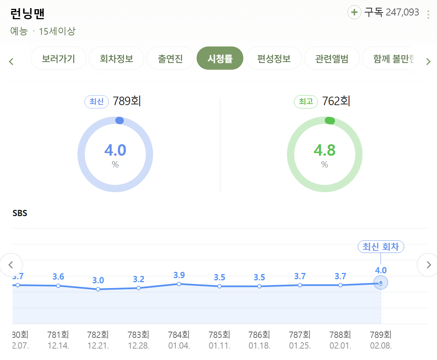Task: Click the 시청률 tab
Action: [220, 59]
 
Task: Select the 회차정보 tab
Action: [117, 59]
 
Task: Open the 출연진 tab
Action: [170, 59]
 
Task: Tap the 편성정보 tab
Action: [274, 59]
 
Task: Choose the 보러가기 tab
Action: [58, 59]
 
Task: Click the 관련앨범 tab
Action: [332, 59]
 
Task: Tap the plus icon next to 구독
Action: [354, 13]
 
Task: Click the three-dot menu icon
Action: [428, 15]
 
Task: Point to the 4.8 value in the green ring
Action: [325, 150]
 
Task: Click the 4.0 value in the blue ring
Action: [115, 150]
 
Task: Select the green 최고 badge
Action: [306, 101]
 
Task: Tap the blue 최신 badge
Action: [97, 101]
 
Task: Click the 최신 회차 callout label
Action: [381, 246]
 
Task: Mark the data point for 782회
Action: [98, 289]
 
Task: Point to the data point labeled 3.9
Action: [179, 284]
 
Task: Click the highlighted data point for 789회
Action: [381, 283]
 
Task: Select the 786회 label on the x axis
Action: [260, 335]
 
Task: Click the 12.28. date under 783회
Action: [138, 346]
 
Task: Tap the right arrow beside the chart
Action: [428, 265]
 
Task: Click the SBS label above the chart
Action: [20, 213]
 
